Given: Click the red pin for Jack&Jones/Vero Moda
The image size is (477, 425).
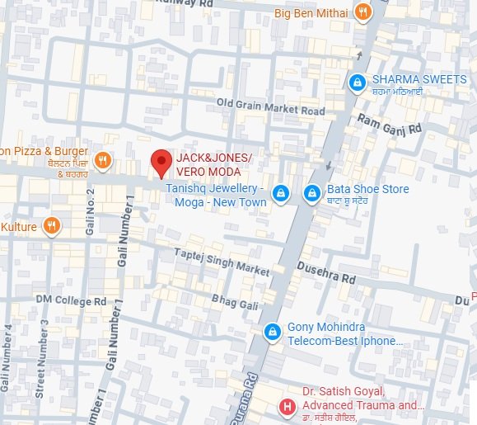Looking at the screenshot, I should (x=161, y=163).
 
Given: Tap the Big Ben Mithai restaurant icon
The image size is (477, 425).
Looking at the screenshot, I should (x=362, y=12).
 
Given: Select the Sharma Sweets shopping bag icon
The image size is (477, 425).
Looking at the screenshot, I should (x=357, y=82).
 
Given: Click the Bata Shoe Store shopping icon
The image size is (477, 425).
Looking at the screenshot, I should (x=311, y=193).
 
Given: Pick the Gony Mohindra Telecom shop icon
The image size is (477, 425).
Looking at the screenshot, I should (x=271, y=332).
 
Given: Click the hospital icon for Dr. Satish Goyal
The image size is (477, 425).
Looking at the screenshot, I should (x=287, y=406).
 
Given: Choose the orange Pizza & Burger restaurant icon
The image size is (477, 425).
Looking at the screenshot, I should (x=103, y=160).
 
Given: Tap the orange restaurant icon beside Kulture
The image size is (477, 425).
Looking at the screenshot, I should (x=51, y=225).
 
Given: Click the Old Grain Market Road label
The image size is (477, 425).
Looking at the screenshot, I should (x=270, y=107).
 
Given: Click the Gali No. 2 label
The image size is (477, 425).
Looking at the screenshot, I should (x=91, y=211).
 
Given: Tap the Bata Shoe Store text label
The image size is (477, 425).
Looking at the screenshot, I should (x=368, y=189).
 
